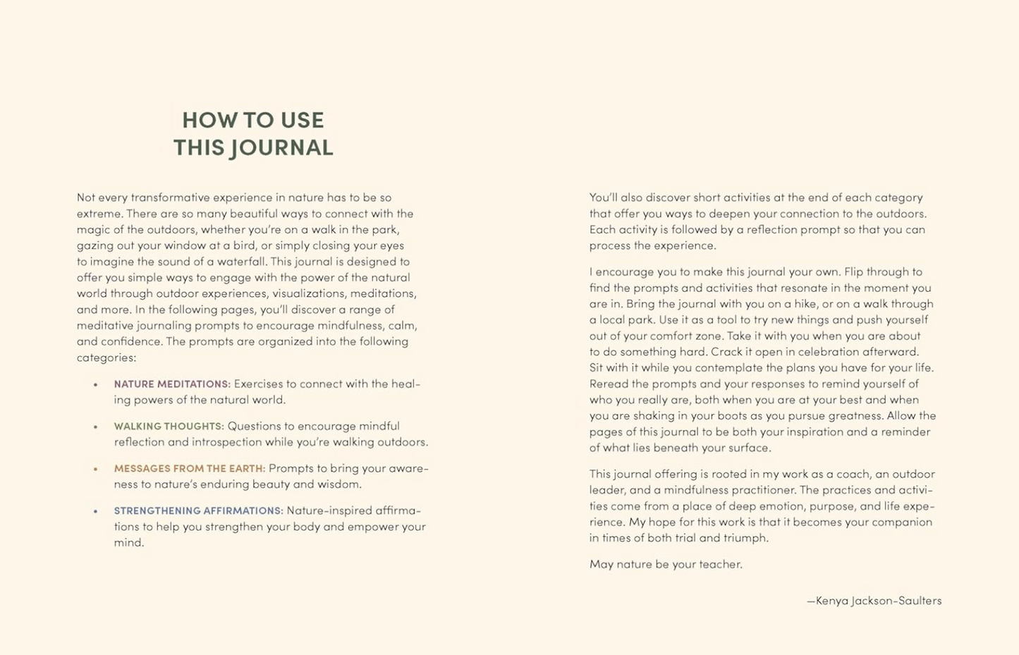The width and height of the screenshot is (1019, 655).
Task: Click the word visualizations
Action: [x=309, y=293]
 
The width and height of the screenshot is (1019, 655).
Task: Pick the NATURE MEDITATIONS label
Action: [x=172, y=384]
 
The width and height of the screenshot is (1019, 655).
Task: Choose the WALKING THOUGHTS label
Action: [x=169, y=427]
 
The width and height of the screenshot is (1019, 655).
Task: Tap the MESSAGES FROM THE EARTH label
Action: [x=190, y=469]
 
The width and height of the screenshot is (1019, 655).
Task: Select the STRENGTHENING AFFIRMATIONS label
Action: [x=198, y=511]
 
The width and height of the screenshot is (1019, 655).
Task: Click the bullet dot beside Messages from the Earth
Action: [x=95, y=469]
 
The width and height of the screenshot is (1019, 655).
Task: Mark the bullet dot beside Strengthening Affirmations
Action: [x=95, y=511]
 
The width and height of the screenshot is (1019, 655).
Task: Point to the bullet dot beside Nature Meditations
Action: [x=95, y=384]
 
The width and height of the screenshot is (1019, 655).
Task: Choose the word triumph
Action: [x=746, y=538]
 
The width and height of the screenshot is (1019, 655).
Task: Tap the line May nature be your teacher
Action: [x=666, y=565]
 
